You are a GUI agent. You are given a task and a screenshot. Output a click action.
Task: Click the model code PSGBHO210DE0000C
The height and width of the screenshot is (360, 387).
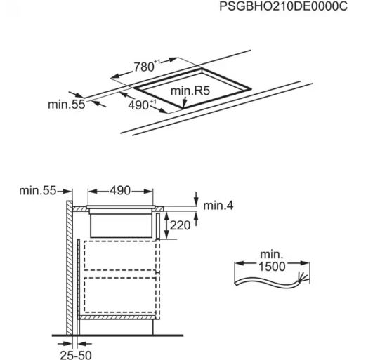click(x=283, y=6)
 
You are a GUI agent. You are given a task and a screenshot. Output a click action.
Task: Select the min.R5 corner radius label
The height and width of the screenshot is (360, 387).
click(x=190, y=91)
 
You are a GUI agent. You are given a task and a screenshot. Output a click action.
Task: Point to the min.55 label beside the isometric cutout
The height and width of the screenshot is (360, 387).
click(x=67, y=105)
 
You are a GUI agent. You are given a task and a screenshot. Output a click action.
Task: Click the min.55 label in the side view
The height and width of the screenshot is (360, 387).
click(x=38, y=191)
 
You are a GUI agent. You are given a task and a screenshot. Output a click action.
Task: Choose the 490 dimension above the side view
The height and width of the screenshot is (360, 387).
click(x=120, y=191)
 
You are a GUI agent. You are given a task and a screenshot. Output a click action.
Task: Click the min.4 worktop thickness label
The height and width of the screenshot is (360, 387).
click(x=218, y=206)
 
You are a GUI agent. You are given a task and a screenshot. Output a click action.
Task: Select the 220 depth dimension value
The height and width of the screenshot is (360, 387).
click(x=180, y=225)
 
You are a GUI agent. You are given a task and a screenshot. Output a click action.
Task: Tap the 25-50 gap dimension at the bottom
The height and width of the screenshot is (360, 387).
click(x=76, y=355)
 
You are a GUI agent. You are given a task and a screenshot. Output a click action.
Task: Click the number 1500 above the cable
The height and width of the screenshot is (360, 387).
click(x=272, y=266)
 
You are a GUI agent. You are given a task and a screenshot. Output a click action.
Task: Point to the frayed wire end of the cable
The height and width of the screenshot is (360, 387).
click(x=303, y=276)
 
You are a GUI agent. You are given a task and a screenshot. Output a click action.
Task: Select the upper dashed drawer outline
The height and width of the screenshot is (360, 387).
click(x=120, y=255)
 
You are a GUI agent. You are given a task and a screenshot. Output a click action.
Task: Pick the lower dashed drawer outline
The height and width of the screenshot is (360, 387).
click(x=120, y=295)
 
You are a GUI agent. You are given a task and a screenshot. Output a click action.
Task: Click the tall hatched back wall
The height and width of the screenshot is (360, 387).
click(x=70, y=305)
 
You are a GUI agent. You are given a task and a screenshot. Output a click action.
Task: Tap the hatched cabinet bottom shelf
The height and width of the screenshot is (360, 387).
click(x=117, y=317)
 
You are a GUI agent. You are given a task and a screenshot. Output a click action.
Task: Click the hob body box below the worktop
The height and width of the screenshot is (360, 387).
click(x=122, y=225)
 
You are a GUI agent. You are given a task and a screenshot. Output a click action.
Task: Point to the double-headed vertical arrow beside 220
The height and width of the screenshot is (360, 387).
click(x=166, y=225)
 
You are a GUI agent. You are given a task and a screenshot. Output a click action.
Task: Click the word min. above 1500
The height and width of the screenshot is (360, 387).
click(x=272, y=254)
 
